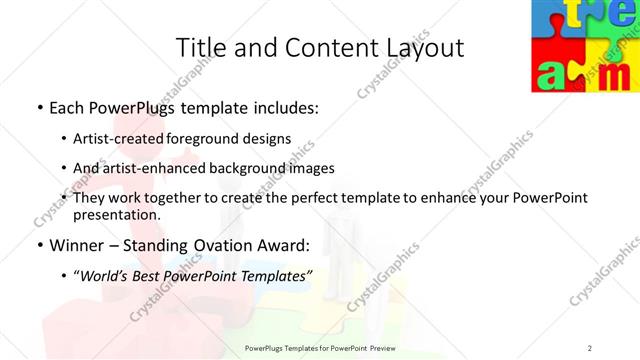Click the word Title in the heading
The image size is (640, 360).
tap(199, 47)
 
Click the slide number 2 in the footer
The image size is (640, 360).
tap(590, 348)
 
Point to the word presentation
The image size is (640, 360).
tap(114, 214)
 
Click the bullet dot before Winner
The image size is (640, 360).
tap(38, 243)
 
